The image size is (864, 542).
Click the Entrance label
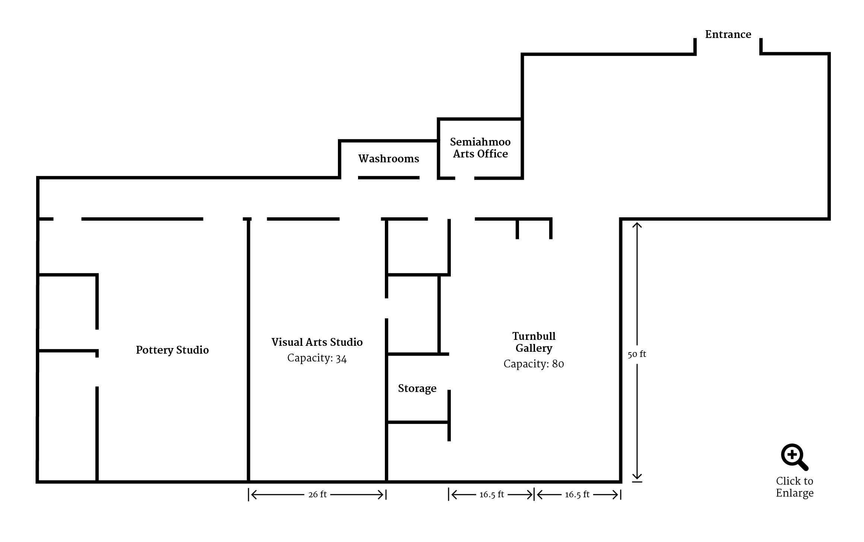[728, 35]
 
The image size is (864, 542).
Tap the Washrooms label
[389, 159]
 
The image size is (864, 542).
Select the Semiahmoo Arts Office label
[480, 148]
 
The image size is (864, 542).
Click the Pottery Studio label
[172, 350]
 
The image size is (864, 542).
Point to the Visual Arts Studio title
[317, 342]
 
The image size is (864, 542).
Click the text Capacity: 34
[317, 358]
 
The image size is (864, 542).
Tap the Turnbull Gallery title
[534, 342]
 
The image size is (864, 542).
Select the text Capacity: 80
[534, 364]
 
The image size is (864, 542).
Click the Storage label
[417, 389]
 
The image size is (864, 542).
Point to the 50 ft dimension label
[637, 354]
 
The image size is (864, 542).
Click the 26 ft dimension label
[317, 494]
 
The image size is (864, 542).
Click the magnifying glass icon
[794, 457]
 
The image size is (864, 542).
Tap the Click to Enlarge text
[795, 487]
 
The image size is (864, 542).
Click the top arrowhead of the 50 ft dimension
[637, 225]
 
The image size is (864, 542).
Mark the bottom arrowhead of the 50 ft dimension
[637, 476]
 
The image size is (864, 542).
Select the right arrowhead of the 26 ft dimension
[380, 495]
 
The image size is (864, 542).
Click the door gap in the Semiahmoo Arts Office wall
[465, 178]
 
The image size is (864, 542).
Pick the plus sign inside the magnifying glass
[792, 455]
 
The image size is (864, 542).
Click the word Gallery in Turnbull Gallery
[534, 348]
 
